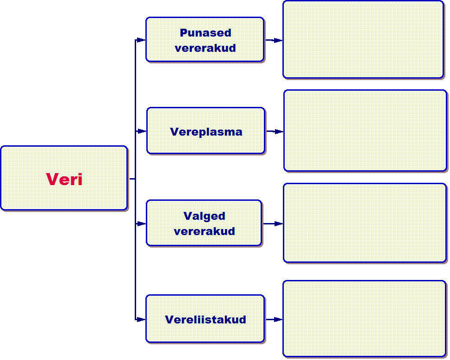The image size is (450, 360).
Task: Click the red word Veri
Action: (x=64, y=179)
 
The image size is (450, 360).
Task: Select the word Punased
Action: (x=205, y=33)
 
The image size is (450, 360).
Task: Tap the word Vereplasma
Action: (x=206, y=131)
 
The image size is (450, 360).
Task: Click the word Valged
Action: (x=204, y=216)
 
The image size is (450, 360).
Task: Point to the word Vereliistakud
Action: (x=205, y=319)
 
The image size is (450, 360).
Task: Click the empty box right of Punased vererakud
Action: (x=363, y=39)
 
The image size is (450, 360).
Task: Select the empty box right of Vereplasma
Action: (x=365, y=130)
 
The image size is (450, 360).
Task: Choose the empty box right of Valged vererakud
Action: (x=364, y=223)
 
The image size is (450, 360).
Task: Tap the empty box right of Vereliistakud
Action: (x=364, y=319)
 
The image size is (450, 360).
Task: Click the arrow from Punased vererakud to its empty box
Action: (x=274, y=40)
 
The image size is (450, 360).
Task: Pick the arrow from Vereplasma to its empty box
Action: (x=275, y=131)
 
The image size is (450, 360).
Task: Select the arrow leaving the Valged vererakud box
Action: (x=273, y=223)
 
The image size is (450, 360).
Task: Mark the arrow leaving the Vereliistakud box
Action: (x=274, y=319)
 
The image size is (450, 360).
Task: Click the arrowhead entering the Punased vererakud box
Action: (x=141, y=40)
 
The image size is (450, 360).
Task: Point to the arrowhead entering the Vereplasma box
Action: (x=142, y=131)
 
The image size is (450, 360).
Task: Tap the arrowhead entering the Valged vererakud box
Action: (x=142, y=223)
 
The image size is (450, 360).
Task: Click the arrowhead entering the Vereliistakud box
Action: (x=141, y=319)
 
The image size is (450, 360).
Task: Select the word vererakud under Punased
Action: (x=205, y=48)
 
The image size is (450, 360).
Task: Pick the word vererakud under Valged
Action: (x=204, y=231)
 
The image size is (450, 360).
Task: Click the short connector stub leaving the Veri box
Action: (x=131, y=179)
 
